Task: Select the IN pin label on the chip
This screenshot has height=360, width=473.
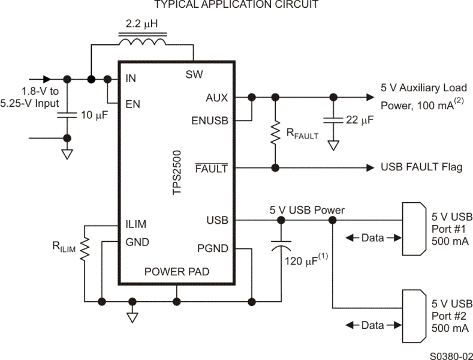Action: point(130,79)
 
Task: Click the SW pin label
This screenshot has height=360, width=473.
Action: point(194,74)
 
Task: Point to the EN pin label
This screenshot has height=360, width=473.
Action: point(132,103)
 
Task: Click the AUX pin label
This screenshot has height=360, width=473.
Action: point(216,97)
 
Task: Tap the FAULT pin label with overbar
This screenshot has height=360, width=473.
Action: point(212,168)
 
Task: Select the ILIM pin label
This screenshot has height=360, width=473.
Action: point(135,224)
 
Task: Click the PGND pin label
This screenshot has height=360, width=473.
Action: point(213,247)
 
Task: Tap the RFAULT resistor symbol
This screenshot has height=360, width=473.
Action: point(275,133)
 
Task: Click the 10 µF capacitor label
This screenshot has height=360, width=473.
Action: point(94,115)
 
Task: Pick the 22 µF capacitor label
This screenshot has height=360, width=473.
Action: point(359,120)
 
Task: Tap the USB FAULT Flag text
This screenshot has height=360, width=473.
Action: point(421,167)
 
